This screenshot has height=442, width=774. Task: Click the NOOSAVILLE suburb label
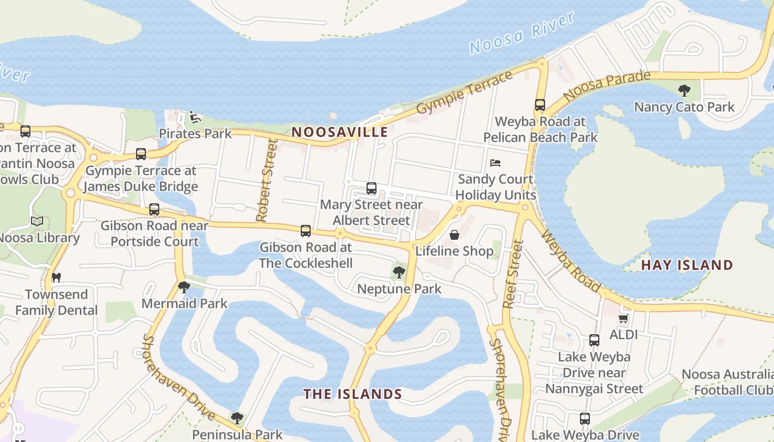coord(339,132)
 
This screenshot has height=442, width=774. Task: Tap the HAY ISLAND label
coord(687,265)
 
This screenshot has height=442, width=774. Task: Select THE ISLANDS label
coord(352,394)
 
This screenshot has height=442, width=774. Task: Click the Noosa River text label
coord(522,33)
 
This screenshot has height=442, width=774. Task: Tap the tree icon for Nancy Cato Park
coord(684,90)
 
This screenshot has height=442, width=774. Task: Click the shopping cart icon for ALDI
coord(623,318)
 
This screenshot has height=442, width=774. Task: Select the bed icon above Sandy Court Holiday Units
coord(495,163)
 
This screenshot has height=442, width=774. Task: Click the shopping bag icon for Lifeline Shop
coord(454,235)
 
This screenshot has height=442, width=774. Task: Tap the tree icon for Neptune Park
coord(399,272)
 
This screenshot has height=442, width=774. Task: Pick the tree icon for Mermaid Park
coord(184,287)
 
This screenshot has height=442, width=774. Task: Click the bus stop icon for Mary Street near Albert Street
coord(372,188)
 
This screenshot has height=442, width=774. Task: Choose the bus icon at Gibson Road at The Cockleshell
coord(306,231)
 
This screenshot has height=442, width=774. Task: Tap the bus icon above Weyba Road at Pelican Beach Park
coord(540,105)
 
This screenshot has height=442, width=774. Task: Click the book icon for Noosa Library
coord(37,222)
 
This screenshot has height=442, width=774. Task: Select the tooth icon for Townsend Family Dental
coord(56,277)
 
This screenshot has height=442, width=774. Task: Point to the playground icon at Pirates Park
coord(195,117)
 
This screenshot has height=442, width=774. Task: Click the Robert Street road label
coord(266,180)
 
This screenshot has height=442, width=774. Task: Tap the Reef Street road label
coord(512,273)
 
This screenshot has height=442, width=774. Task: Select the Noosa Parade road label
coord(606,86)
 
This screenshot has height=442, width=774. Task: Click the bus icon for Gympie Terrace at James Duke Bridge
coord(141,154)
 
